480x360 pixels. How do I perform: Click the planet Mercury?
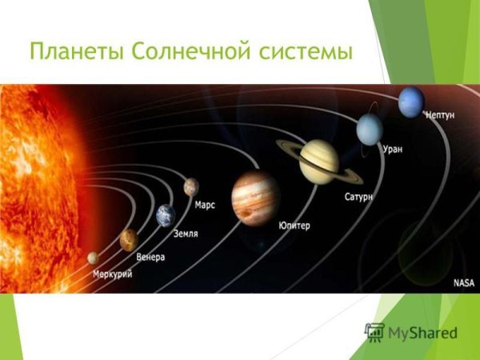[x=94, y=258]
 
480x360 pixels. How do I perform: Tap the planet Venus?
[x=128, y=239]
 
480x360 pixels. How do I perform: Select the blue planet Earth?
[x=166, y=215]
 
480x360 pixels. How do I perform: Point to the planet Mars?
[x=190, y=186]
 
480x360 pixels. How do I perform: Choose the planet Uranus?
[x=370, y=129]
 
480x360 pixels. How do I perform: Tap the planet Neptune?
[x=411, y=102]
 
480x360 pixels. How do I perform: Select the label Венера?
[x=150, y=257]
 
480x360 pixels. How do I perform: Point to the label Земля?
[x=186, y=234]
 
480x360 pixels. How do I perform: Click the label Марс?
[x=205, y=205]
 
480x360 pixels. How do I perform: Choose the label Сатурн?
[x=359, y=196]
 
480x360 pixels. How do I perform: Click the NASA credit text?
[x=464, y=282]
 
